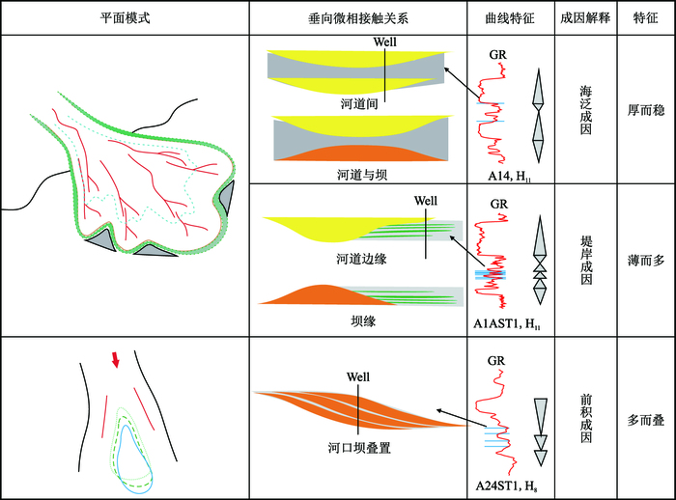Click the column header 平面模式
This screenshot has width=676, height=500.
click(125, 18)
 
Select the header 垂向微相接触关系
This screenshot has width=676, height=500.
click(355, 18)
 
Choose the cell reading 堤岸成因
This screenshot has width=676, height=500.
click(584, 258)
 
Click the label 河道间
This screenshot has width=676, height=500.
click(357, 101)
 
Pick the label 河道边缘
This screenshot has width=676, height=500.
click(357, 259)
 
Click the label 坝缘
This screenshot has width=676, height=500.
click(357, 320)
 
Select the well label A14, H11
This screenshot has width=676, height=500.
click(509, 175)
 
